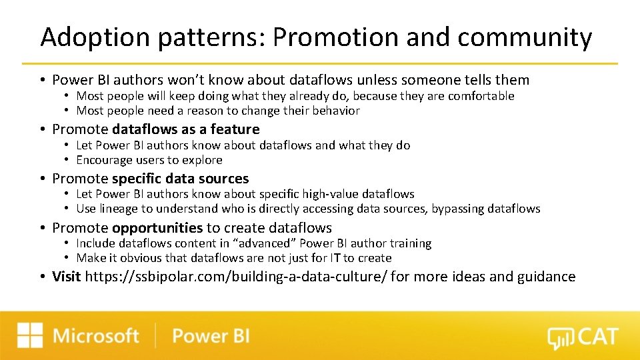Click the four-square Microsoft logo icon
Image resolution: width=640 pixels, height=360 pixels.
click(30, 335)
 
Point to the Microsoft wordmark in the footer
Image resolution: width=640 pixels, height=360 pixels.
click(96, 335)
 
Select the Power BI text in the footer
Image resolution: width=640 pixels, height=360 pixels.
click(211, 335)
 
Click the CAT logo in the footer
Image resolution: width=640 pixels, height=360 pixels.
click(583, 337)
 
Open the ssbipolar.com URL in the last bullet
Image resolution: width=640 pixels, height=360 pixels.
click(236, 277)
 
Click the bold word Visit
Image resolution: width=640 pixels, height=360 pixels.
click(67, 277)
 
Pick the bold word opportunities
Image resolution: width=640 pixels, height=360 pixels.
click(157, 228)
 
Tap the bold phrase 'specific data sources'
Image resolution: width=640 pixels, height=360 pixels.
click(180, 179)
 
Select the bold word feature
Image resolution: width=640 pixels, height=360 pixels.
click(235, 129)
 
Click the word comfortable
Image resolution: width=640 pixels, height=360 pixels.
click(481, 96)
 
